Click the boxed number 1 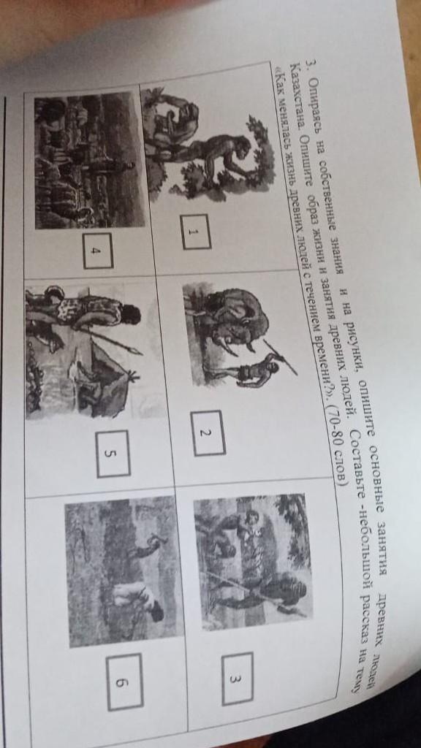(x=196, y=232)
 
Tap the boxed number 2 (x=208, y=432)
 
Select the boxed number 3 (x=238, y=679)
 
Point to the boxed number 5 (x=113, y=454)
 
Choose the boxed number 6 (x=124, y=682)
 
